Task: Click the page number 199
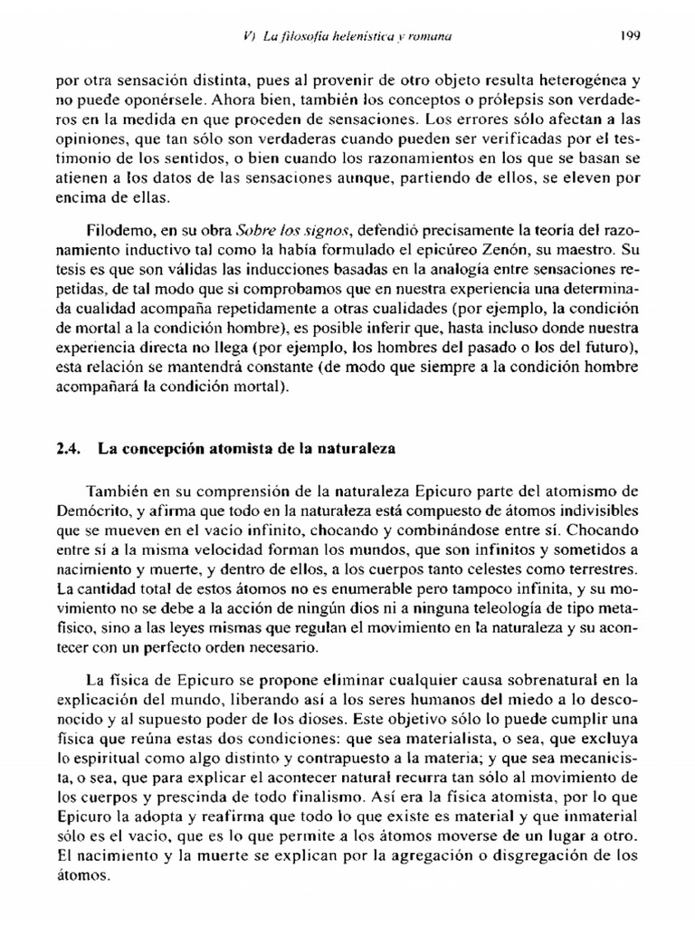[x=631, y=37]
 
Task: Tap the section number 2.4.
[x=69, y=447]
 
